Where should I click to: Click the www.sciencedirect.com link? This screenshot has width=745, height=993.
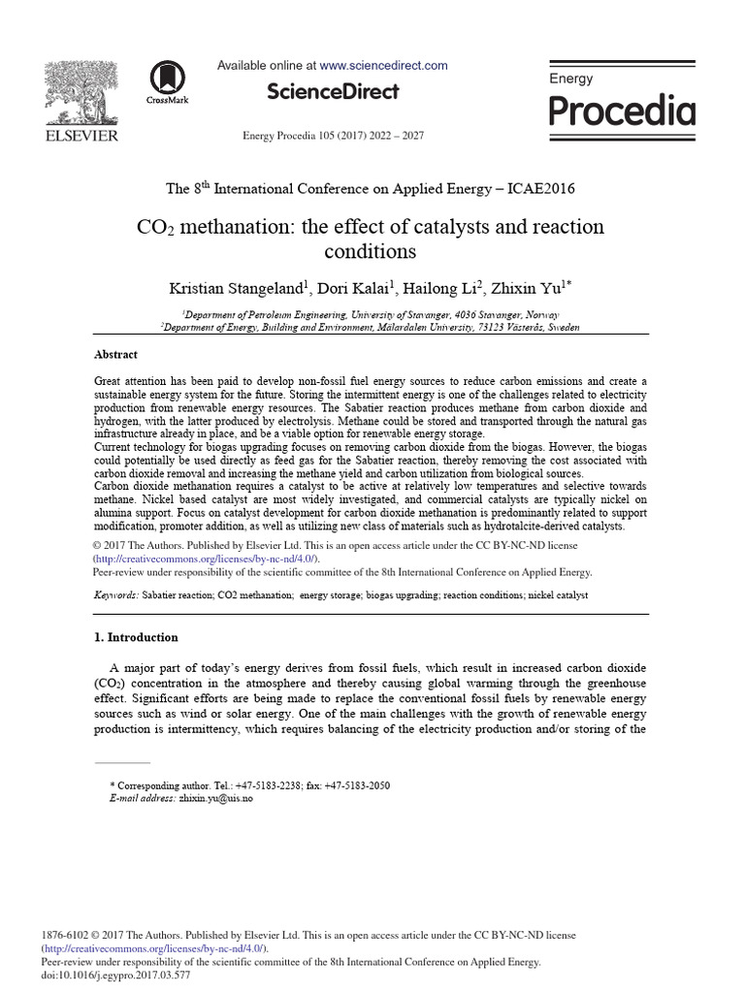point(383,66)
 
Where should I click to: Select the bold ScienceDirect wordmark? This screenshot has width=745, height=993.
point(333,92)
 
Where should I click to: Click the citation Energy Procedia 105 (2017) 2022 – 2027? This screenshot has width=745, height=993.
point(333,136)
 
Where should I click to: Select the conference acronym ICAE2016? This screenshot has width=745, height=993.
point(538,188)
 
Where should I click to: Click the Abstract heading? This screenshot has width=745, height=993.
point(115,355)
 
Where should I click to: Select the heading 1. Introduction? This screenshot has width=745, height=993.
point(136,637)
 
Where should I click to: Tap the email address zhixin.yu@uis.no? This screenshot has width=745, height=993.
point(216,798)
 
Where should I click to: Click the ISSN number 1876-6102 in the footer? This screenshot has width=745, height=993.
point(64,936)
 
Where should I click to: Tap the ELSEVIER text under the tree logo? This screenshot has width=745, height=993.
point(82,136)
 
